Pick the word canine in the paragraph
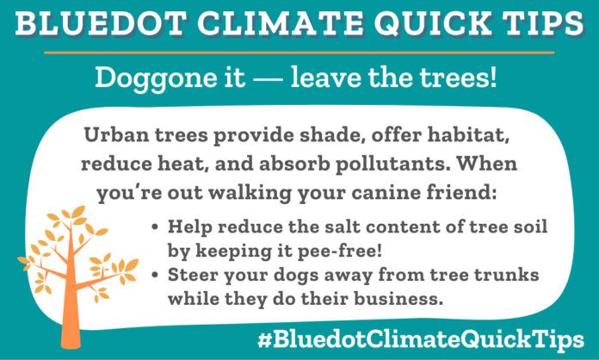coord(363,191)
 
